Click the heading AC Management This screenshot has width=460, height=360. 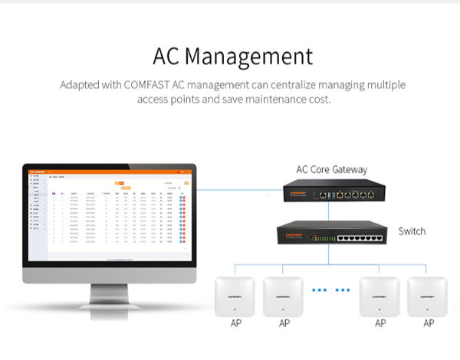click(x=233, y=56)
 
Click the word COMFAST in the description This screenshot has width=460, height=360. click(x=147, y=85)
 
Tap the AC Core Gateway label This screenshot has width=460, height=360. click(x=331, y=169)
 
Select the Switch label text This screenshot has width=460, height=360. click(x=412, y=231)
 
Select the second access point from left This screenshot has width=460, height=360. click(x=284, y=296)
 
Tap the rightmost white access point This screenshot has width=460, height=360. click(x=427, y=296)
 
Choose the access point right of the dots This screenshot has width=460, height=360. click(x=379, y=296)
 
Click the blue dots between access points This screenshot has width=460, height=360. click(x=331, y=290)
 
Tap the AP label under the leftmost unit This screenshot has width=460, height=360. click(x=235, y=324)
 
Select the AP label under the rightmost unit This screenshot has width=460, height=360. click(x=427, y=324)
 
